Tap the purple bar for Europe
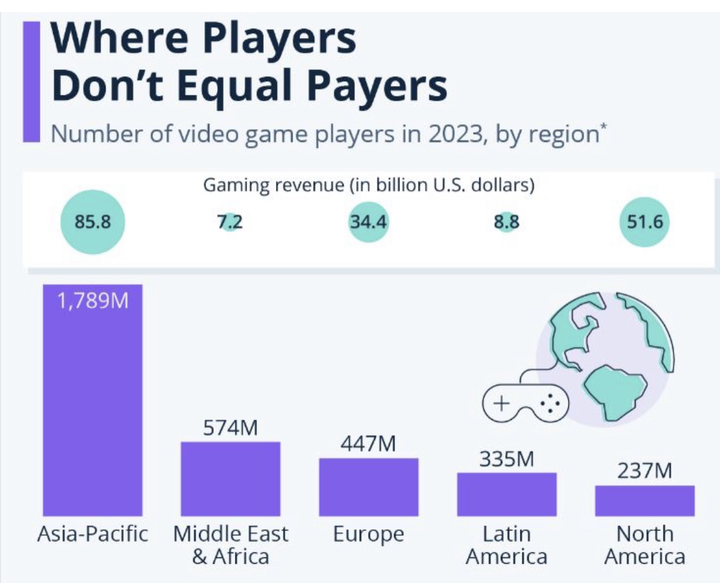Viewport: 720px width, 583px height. [369, 487]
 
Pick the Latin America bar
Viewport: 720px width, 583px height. [506, 494]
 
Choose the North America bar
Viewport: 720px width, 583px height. [644, 500]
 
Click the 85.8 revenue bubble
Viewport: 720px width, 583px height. [92, 222]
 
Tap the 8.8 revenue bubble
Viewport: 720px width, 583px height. [506, 223]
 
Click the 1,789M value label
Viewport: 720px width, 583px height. [93, 299]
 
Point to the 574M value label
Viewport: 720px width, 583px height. [230, 428]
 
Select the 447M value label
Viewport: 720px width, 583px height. [368, 444]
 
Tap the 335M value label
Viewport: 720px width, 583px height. [506, 459]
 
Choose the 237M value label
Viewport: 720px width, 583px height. [644, 472]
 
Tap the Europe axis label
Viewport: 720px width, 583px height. [369, 534]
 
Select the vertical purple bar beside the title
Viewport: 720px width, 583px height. [31, 81]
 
